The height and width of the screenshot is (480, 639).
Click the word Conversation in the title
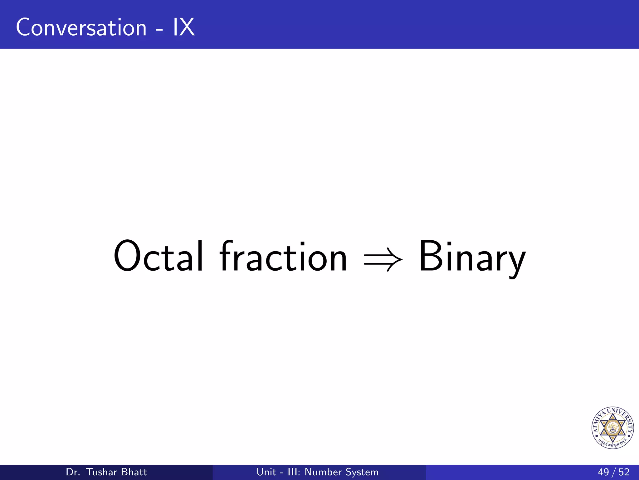click(81, 27)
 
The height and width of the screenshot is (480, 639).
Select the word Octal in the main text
click(159, 256)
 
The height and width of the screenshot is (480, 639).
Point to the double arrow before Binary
click(383, 259)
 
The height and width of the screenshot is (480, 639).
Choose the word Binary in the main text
click(472, 257)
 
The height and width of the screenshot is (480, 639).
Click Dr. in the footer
click(73, 472)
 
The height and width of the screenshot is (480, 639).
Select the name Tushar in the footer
click(101, 472)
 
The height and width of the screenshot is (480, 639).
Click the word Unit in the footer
click(266, 472)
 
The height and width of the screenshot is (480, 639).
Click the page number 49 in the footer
click(603, 472)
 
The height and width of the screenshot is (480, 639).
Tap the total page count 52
click(624, 472)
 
